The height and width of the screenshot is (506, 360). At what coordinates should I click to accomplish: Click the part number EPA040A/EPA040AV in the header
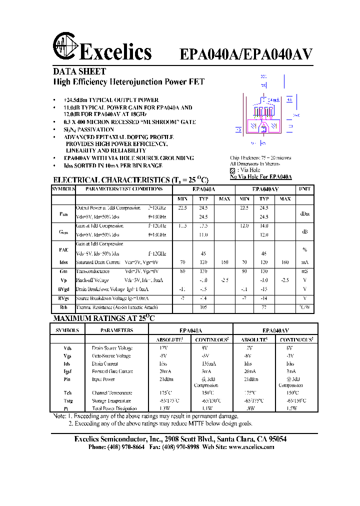246,54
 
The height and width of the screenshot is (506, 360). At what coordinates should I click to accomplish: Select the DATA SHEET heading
79,71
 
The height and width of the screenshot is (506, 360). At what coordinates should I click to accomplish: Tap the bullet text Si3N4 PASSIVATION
89,129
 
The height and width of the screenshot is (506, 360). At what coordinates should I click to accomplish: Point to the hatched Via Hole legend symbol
232,170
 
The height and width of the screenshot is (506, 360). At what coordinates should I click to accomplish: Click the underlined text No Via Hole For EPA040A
260,177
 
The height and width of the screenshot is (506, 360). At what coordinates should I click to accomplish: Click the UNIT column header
304,189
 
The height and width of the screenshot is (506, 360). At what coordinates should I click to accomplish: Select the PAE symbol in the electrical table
63,249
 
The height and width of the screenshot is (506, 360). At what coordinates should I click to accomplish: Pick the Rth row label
63,307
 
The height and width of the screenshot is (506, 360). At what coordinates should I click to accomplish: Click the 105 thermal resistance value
203,307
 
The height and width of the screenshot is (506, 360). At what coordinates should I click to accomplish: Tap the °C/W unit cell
304,307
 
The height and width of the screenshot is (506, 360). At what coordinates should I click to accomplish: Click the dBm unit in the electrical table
304,213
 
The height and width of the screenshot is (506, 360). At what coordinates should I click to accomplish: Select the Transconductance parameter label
92,271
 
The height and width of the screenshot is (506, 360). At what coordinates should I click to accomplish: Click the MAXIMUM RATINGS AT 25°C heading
104,318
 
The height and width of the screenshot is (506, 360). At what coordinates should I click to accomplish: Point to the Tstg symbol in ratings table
67,401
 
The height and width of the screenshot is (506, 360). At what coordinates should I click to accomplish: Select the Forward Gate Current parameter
112,371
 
